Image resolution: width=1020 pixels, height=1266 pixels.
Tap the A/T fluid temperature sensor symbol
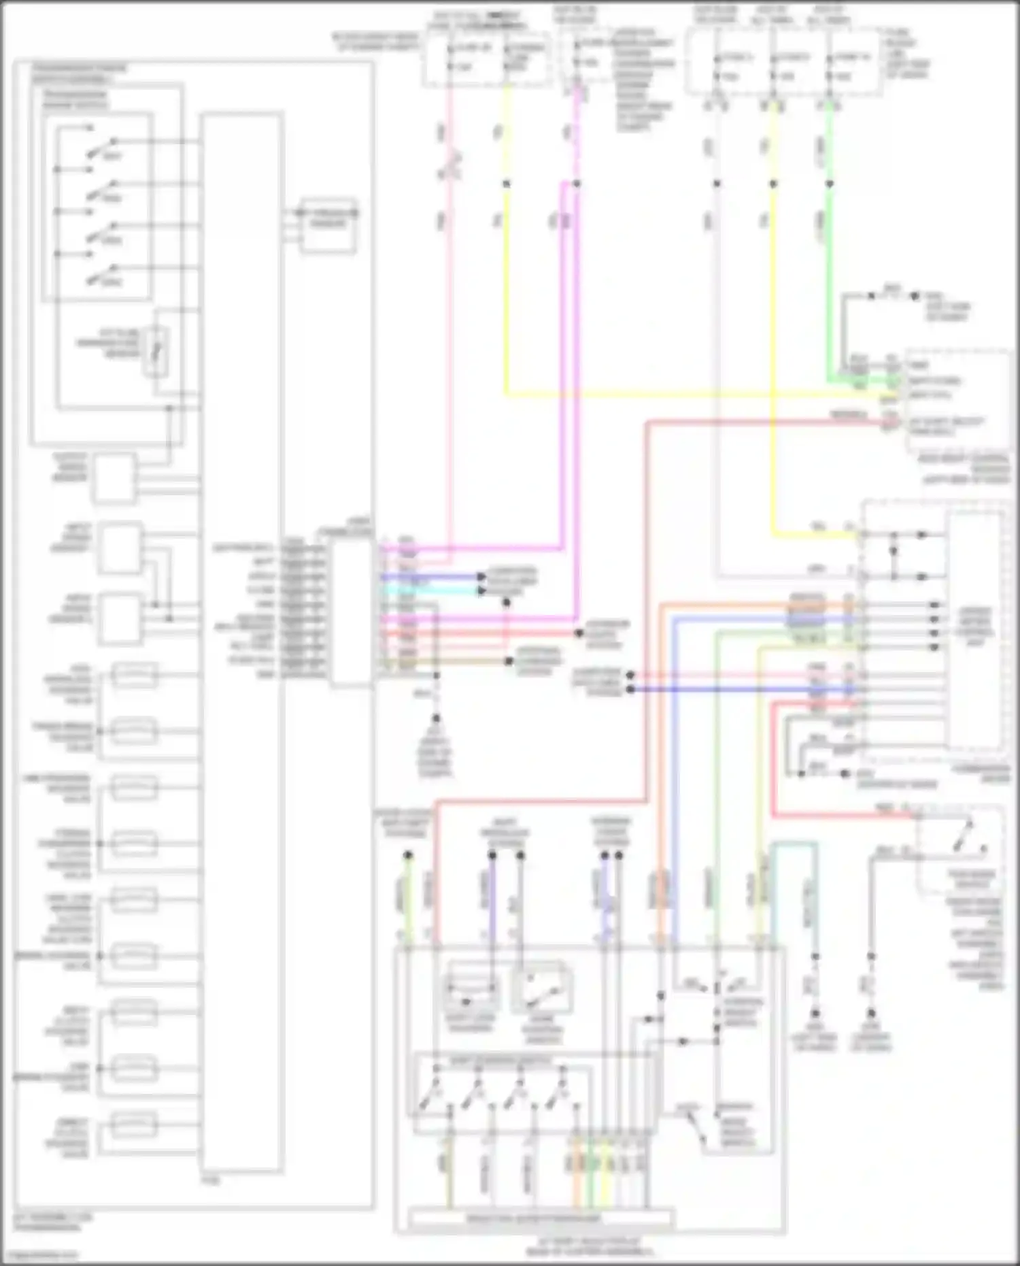pyautogui.click(x=156, y=351)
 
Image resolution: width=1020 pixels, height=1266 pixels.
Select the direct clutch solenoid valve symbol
pyautogui.click(x=133, y=1125)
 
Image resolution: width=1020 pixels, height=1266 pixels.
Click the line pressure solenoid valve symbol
pyautogui.click(x=133, y=788)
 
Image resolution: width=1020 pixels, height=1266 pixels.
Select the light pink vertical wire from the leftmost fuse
pyautogui.click(x=449, y=306)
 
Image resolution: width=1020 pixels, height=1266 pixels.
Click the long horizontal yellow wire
pyautogui.click(x=680, y=393)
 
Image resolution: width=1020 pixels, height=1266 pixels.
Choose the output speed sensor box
pyautogui.click(x=114, y=478)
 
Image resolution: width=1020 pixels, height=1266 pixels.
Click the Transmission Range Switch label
pyautogui.click(x=75, y=100)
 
